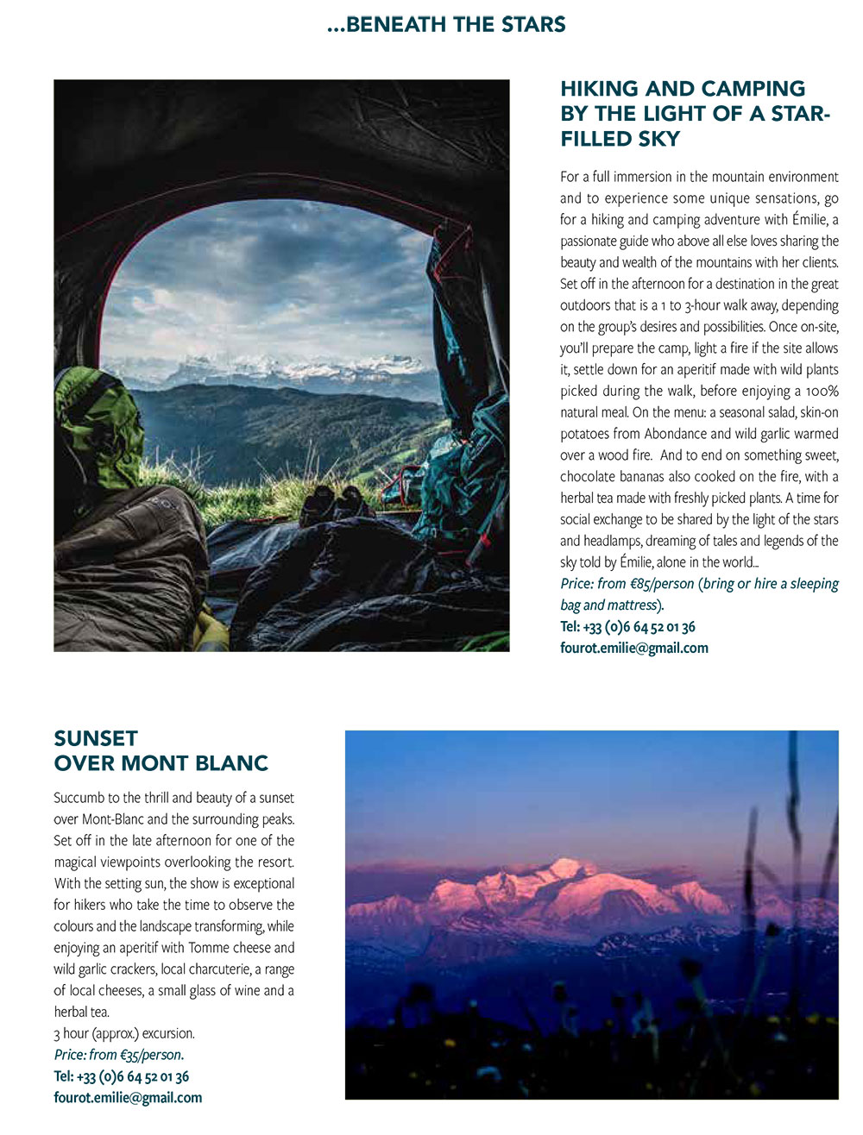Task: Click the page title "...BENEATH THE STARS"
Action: [x=446, y=25]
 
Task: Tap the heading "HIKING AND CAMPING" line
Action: [x=683, y=89]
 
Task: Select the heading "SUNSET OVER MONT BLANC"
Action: [x=161, y=750]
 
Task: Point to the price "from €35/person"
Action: [x=135, y=1055]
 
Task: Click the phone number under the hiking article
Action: [x=627, y=627]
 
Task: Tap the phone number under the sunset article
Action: [x=121, y=1076]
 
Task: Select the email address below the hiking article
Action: [x=633, y=648]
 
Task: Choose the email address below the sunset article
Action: [x=128, y=1098]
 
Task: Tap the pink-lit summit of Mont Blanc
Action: [x=565, y=867]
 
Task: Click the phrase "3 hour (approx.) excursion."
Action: [x=124, y=1033]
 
